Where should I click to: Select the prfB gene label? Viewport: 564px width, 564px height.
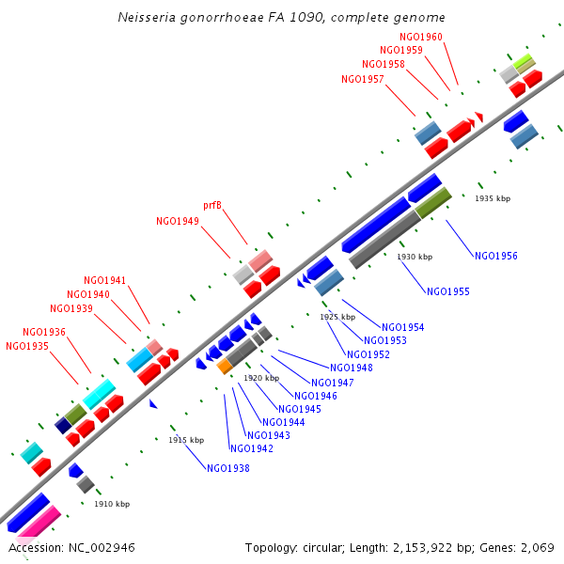212,205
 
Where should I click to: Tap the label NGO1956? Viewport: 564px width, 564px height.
495,256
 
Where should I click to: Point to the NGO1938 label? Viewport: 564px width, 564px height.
227,467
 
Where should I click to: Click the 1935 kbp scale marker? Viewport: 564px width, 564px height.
493,198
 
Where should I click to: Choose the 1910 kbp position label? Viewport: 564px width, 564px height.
112,504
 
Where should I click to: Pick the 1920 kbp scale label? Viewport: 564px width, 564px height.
261,378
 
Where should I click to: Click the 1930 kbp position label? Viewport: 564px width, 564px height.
415,257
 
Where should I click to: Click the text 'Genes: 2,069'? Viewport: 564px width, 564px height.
517,547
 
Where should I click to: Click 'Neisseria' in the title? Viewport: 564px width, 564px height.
146,17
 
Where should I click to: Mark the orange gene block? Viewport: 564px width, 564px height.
225,367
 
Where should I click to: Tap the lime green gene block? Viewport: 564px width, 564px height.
524,63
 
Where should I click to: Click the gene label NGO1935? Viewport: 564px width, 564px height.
26,346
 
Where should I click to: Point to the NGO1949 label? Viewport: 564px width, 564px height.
177,221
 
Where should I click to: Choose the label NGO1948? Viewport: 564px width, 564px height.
352,368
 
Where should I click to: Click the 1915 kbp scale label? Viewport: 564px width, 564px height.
186,440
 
